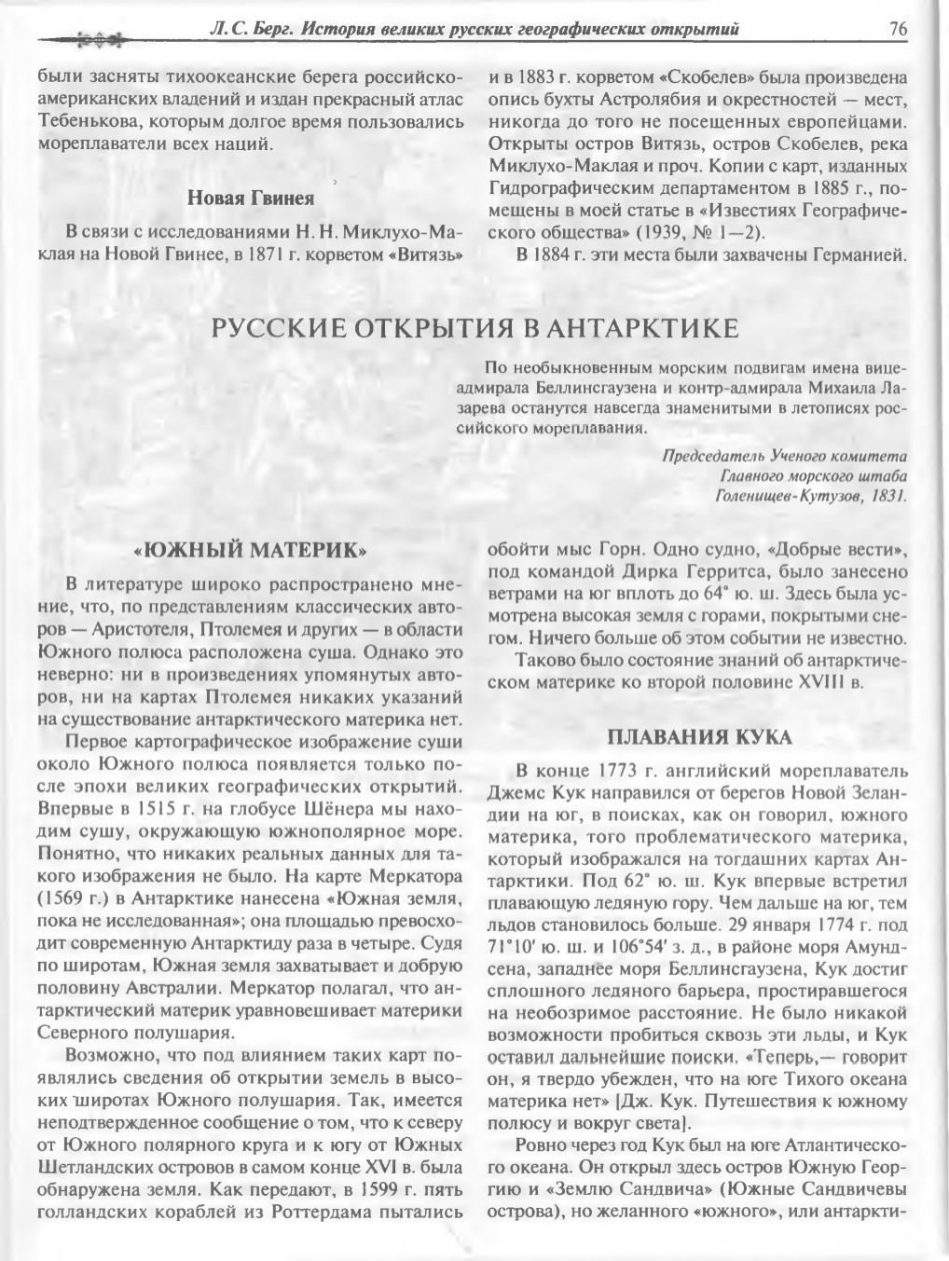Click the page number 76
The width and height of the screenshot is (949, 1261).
898,30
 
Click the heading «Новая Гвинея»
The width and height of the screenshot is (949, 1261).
251,198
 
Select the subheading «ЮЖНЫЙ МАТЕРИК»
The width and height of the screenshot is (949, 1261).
250,551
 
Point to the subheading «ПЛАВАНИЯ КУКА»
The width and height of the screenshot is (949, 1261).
699,738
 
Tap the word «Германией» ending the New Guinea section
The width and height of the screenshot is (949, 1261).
857,254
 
